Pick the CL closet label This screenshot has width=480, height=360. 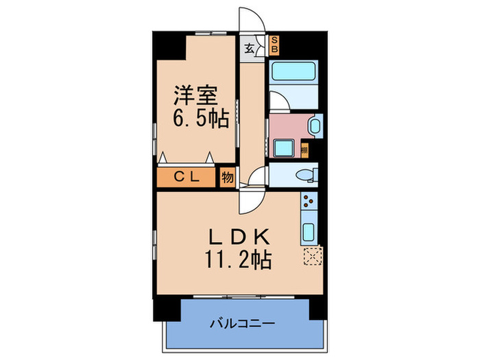(187, 177)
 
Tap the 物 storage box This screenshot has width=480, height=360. (227, 177)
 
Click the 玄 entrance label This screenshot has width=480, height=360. (250, 49)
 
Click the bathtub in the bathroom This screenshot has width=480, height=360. (294, 71)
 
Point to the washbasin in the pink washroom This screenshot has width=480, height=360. (315, 126)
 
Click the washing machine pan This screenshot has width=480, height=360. (284, 147)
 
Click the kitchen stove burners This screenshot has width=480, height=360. (309, 202)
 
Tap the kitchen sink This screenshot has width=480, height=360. (309, 231)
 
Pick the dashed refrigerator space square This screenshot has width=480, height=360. (311, 255)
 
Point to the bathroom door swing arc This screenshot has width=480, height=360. (278, 101)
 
